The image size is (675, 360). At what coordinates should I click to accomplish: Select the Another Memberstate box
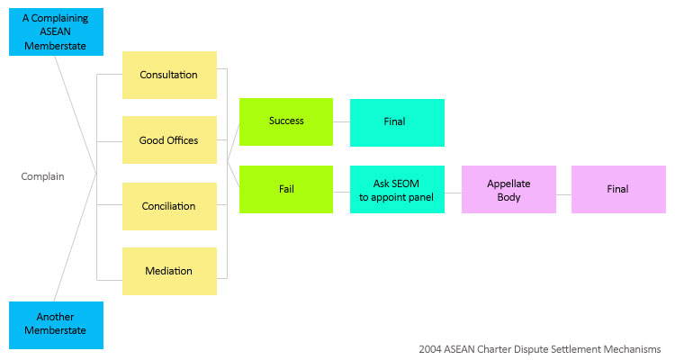(56, 324)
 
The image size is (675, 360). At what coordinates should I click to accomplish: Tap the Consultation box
(169, 75)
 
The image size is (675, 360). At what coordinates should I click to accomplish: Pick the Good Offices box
(169, 140)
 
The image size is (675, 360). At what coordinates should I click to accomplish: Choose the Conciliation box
(169, 206)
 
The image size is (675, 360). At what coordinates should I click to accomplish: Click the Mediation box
(169, 271)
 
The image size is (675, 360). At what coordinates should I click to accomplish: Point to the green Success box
(286, 121)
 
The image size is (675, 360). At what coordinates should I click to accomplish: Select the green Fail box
(286, 189)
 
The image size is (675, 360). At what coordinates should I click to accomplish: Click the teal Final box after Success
(397, 122)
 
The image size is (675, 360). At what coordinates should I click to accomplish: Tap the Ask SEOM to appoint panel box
(397, 189)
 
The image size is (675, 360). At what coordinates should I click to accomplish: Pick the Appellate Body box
(508, 189)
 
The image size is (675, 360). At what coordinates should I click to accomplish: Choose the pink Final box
(618, 189)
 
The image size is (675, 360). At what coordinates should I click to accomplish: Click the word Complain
(43, 176)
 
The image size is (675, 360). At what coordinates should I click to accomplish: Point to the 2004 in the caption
(431, 348)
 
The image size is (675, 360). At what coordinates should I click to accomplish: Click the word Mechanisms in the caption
(632, 348)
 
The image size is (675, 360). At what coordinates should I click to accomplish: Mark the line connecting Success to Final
(341, 121)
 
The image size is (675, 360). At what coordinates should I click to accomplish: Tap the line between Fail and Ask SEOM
(341, 189)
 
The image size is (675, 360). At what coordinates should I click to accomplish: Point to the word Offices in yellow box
(183, 140)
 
